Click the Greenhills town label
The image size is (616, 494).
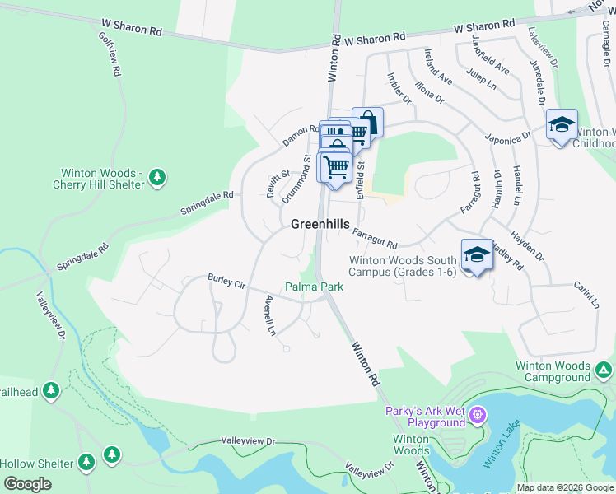point(320,224)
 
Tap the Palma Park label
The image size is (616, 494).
point(314,287)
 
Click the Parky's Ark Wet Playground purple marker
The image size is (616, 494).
point(479,416)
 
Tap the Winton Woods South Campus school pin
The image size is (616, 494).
point(477,254)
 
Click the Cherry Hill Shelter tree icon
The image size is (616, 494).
point(157,176)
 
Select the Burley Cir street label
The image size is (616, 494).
point(226,282)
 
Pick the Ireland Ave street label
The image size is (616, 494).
point(438,67)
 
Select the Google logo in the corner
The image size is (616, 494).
point(26,484)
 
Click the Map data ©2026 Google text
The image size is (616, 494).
point(564,487)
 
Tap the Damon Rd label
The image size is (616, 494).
point(301,135)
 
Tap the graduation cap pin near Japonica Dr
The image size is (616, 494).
point(562,125)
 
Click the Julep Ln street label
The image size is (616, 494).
point(482,84)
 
